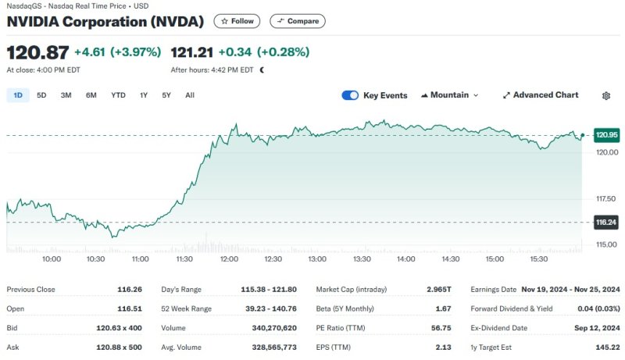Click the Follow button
point(237,21)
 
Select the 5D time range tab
point(42,95)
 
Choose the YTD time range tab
point(118,95)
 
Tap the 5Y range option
point(166,95)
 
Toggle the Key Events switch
point(350,95)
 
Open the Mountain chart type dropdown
point(449,95)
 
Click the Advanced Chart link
point(540,95)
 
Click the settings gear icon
point(606,95)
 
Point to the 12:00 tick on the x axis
point(229,258)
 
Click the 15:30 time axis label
point(539,258)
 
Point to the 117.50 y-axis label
point(605,198)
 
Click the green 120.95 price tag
point(606,135)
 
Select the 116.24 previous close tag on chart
point(606,223)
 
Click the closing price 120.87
point(37,52)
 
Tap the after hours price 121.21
point(191,52)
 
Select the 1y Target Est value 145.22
point(605,347)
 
